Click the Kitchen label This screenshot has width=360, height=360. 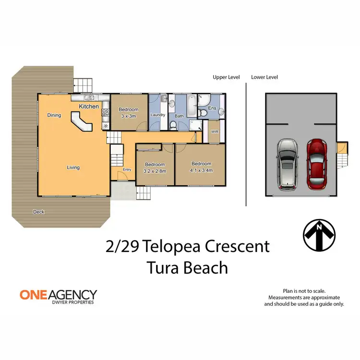tap(89, 106)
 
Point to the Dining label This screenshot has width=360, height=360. tap(54, 115)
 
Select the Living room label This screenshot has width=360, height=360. tap(73, 168)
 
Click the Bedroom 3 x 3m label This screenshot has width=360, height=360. tap(129, 113)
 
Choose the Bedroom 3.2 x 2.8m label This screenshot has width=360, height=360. tap(155, 168)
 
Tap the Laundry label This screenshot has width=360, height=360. tap(158, 115)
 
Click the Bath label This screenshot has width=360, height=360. tap(179, 116)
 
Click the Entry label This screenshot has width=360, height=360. tap(127, 169)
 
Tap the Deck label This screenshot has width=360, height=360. tap(39, 212)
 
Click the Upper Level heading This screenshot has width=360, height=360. tap(226, 77)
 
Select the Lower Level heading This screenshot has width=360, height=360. tap(264, 77)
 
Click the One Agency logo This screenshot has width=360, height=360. tap(58, 296)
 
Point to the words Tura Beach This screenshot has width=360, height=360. tap(187, 267)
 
